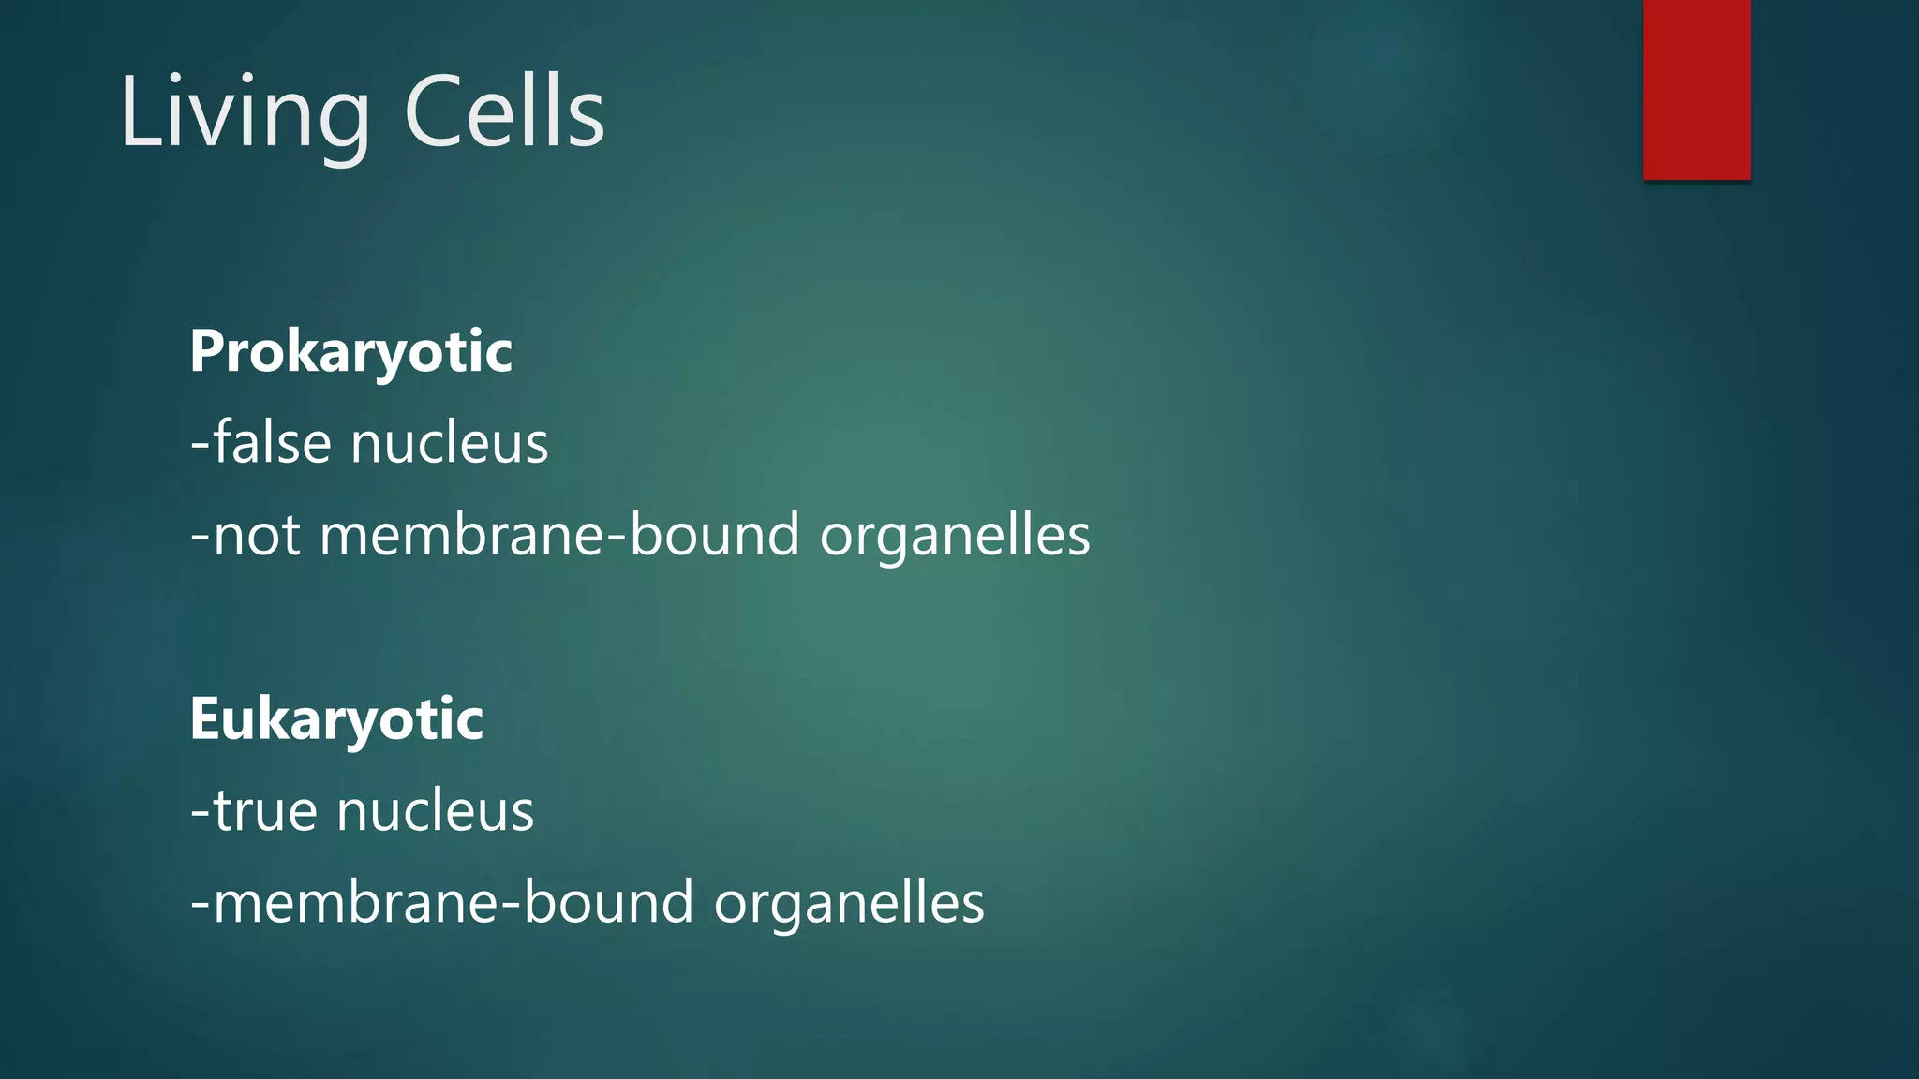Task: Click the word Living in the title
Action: pyautogui.click(x=244, y=113)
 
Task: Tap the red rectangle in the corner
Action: pyautogui.click(x=1696, y=90)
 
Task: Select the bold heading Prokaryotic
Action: pyautogui.click(x=350, y=352)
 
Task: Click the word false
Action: pyautogui.click(x=273, y=442)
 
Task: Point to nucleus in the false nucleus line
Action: pyautogui.click(x=449, y=444)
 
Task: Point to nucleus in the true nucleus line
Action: pyautogui.click(x=435, y=811)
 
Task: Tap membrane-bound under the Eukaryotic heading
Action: pyautogui.click(x=454, y=903)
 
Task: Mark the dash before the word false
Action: pyautogui.click(x=200, y=442)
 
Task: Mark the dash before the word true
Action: pyautogui.click(x=200, y=810)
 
